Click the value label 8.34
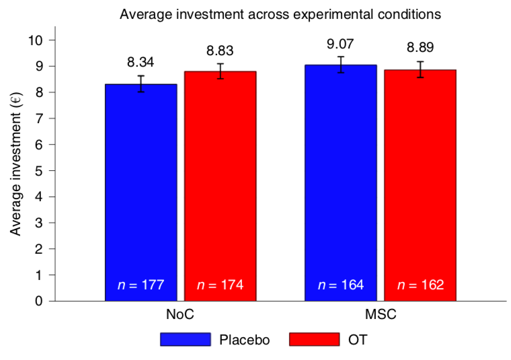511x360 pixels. (x=141, y=63)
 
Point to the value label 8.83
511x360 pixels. (x=220, y=50)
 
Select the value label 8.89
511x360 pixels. (x=420, y=48)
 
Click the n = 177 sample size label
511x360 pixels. (x=141, y=285)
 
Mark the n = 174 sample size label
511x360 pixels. (x=220, y=285)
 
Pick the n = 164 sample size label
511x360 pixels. (x=340, y=285)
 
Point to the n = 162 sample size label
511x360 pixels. (x=420, y=285)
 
